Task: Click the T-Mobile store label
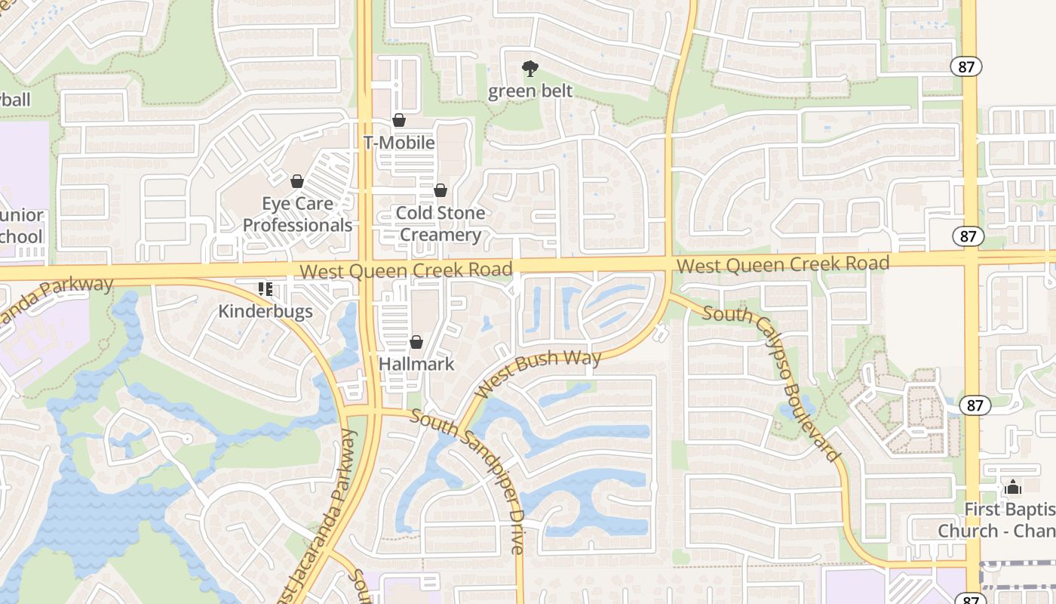tap(399, 143)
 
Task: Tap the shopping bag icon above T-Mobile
tap(399, 120)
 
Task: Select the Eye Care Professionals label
tap(297, 214)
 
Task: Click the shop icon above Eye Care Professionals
tap(297, 181)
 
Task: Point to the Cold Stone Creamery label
tap(441, 223)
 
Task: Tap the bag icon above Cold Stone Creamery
tap(441, 190)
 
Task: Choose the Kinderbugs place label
tap(266, 311)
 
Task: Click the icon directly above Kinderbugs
tap(265, 288)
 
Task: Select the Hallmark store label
tap(416, 364)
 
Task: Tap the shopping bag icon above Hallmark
tap(416, 343)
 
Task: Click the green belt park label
tap(530, 91)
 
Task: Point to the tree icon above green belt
tap(530, 69)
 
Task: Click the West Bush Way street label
tap(539, 371)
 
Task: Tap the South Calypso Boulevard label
tap(772, 381)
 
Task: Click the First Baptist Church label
tap(996, 520)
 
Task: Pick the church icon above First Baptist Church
tap(1013, 488)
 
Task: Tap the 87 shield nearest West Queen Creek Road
tap(968, 236)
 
